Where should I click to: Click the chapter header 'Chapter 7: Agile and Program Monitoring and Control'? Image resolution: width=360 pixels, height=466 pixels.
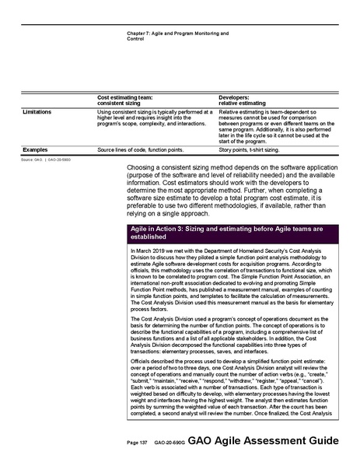[177, 36]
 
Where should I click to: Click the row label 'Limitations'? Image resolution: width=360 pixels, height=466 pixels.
[37, 111]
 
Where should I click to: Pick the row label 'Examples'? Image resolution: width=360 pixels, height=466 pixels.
[35, 149]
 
